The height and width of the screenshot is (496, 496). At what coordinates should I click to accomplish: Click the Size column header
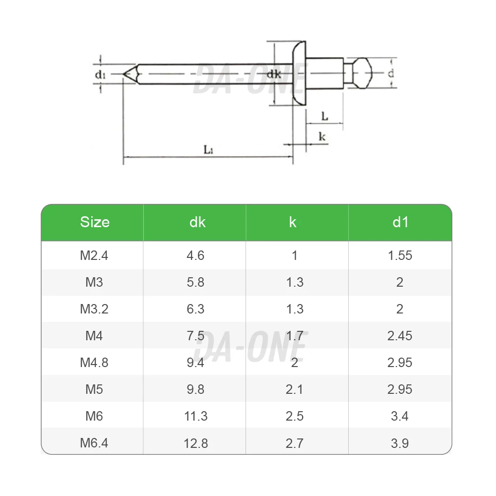click(95, 222)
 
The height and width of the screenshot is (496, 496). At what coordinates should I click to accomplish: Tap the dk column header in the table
click(197, 222)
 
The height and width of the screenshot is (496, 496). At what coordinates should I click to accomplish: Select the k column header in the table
click(293, 222)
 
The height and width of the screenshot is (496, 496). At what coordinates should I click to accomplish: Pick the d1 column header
click(400, 222)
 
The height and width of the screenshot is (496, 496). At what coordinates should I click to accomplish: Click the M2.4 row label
click(94, 255)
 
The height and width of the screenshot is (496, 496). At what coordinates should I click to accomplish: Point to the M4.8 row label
click(94, 363)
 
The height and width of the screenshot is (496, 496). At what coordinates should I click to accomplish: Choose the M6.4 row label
click(94, 443)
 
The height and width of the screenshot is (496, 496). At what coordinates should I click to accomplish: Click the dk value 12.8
click(196, 443)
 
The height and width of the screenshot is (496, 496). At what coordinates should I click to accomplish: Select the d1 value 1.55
click(400, 255)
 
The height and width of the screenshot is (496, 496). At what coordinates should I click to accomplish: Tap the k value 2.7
click(295, 443)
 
